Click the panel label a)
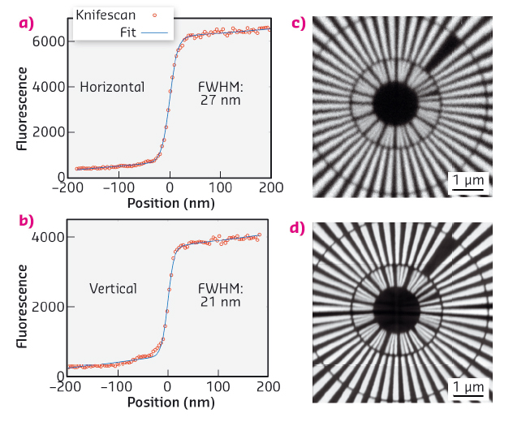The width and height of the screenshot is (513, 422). point(27,23)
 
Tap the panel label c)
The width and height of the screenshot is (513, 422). point(299,23)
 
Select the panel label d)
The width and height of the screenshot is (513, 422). point(299,228)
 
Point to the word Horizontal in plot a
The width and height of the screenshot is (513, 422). point(112,87)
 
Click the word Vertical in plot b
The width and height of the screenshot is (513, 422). point(113,288)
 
